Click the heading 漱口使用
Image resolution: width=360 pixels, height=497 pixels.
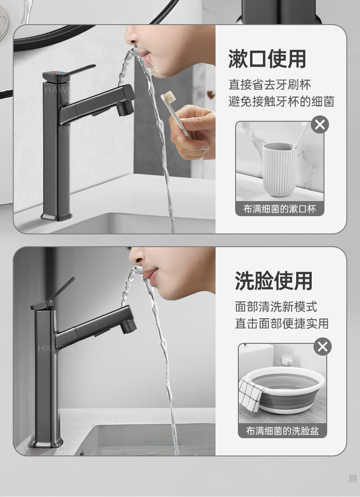[x=267, y=59]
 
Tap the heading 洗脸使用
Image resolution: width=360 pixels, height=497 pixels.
[x=273, y=281]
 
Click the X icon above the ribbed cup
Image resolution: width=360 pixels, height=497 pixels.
[x=320, y=124]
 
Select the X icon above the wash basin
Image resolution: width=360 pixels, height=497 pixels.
[x=323, y=347]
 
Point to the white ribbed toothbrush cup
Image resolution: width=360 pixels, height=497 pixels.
[x=279, y=170]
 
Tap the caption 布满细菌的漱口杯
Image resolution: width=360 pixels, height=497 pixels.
[x=280, y=209]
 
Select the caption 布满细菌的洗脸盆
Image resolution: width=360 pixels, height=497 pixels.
[x=283, y=431]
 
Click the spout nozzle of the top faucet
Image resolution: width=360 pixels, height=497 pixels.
[x=125, y=109]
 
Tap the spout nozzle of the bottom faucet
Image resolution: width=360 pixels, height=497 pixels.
[x=129, y=326]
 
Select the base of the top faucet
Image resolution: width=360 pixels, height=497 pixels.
[x=57, y=217]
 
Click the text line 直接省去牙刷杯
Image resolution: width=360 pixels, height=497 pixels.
[x=270, y=85]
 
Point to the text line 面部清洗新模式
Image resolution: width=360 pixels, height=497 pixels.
[x=276, y=306]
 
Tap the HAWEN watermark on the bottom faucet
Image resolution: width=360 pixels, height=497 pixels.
[x=56, y=348]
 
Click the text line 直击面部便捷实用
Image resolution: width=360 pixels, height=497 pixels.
[x=282, y=324]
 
